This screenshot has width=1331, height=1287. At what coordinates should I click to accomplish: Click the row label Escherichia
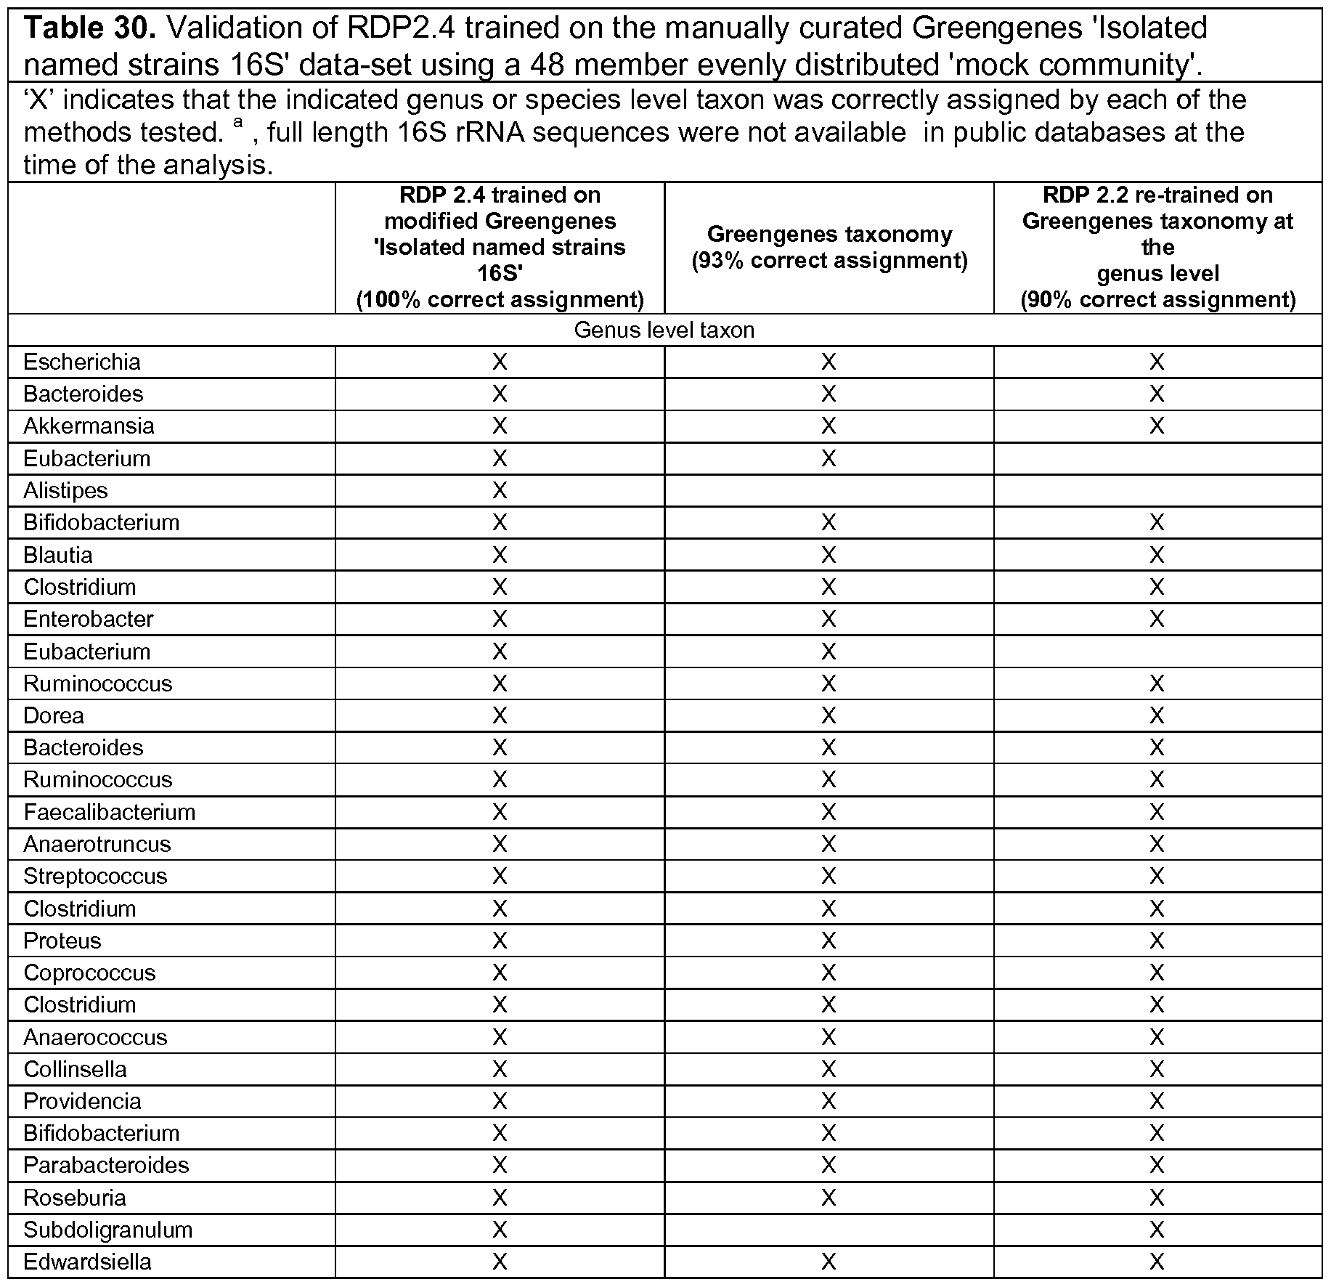click(81, 362)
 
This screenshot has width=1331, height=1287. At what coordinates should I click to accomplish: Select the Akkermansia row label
click(89, 426)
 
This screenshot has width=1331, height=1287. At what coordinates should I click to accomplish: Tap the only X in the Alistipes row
click(500, 490)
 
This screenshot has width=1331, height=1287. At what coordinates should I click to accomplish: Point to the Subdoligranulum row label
click(107, 1230)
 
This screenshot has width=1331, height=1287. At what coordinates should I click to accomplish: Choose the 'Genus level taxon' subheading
click(664, 330)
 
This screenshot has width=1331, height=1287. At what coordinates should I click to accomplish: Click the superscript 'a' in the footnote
click(237, 123)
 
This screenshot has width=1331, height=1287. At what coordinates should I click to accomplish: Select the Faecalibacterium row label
click(109, 812)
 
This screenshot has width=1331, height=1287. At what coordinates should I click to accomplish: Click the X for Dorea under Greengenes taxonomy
click(829, 715)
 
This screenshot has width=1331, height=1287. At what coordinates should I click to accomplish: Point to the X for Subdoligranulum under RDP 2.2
click(1157, 1230)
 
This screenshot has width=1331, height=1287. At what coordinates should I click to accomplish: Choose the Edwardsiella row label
click(87, 1262)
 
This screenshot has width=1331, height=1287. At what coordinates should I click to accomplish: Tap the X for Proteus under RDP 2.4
click(500, 941)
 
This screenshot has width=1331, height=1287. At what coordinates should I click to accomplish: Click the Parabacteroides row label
click(106, 1165)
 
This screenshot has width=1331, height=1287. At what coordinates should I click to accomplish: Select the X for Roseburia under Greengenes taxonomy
click(829, 1198)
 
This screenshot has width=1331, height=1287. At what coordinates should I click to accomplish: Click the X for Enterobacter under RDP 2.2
click(1157, 619)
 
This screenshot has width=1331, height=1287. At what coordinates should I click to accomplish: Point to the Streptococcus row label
click(95, 876)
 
